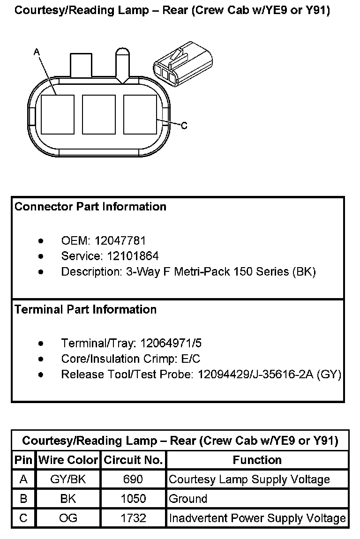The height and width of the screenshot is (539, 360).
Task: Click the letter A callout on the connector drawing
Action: pos(36,53)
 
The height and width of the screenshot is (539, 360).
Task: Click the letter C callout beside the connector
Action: pos(184,126)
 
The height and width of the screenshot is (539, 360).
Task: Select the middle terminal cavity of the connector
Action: pos(99,115)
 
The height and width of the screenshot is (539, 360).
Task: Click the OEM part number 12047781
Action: pos(120,241)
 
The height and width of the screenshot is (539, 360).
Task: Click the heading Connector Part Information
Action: pos(90,207)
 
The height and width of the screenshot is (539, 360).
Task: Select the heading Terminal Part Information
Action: pos(85,310)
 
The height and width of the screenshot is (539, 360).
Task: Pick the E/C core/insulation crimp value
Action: pos(190,359)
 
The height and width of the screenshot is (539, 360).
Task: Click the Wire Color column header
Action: pos(68,460)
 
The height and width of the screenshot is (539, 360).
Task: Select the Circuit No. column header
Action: pos(133,460)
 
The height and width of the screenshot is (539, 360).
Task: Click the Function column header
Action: pos(257,460)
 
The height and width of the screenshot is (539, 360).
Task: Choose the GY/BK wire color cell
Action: pos(68,479)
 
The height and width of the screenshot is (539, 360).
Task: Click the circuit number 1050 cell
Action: pos(133,499)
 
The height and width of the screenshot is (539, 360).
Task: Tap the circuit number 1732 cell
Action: pos(133,518)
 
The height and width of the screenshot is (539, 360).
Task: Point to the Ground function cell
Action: pos(188,499)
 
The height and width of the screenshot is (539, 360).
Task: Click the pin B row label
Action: pos(23,499)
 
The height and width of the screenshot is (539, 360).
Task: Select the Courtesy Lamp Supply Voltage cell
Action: pos(249,479)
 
